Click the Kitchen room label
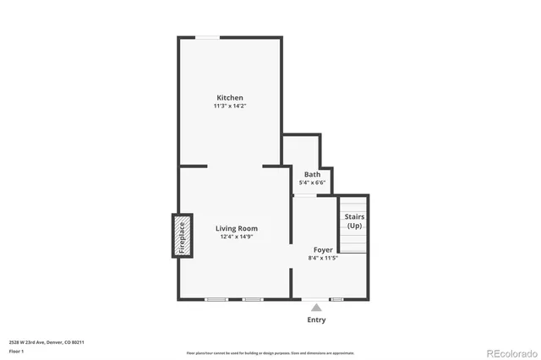(230, 97)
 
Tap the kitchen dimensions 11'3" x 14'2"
(230, 106)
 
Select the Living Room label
(236, 228)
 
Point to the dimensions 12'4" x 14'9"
(236, 237)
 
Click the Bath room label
(312, 175)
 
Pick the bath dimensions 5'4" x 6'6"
(312, 183)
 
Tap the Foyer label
(323, 249)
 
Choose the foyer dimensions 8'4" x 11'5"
(323, 258)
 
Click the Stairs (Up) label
(354, 221)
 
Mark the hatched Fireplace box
(180, 236)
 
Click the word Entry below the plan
(315, 320)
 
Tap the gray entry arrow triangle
(315, 308)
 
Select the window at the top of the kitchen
(208, 37)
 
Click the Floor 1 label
(17, 350)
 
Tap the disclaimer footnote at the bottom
(270, 352)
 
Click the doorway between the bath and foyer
(305, 196)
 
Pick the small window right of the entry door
(336, 299)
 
